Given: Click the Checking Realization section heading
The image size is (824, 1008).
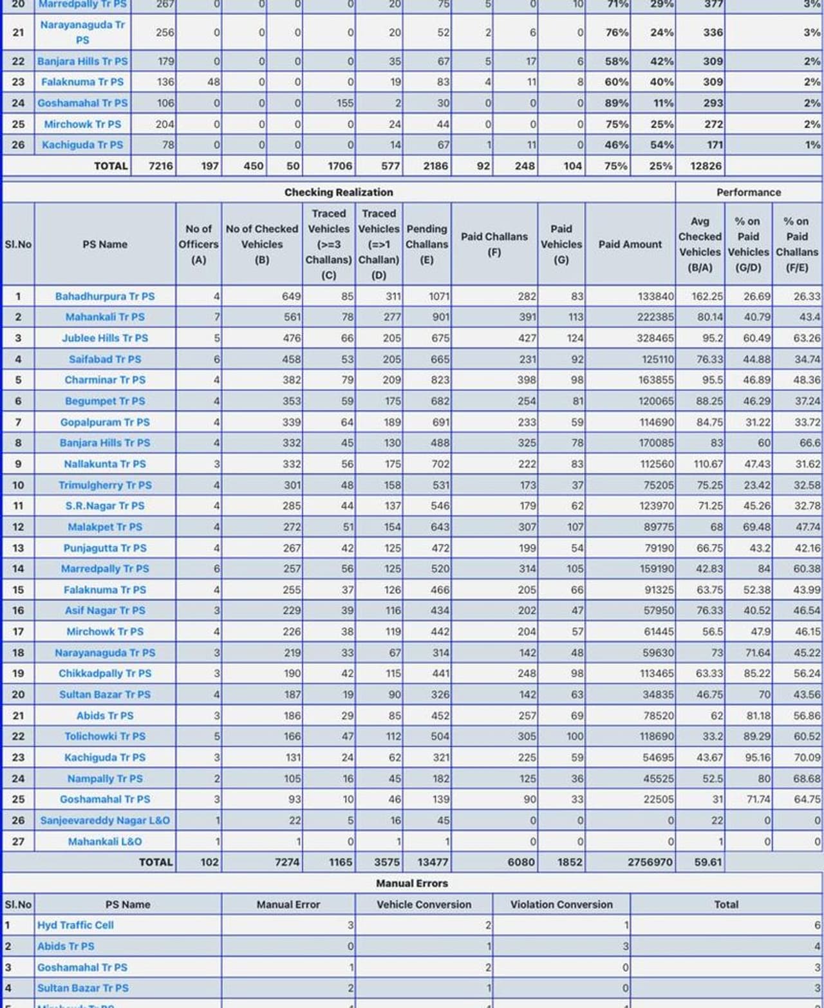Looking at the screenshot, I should [x=339, y=192].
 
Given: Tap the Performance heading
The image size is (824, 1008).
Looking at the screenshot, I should [x=749, y=192].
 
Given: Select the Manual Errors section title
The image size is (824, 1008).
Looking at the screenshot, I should [x=412, y=883].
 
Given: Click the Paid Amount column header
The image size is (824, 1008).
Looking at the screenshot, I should [x=630, y=245].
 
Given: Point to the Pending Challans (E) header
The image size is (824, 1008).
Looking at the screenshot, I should [x=427, y=245].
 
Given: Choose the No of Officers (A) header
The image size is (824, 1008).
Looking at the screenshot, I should [x=198, y=245].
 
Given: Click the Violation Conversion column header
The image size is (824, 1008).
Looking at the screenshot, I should [x=561, y=904].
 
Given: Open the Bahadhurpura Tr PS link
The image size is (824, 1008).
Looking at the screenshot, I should [x=105, y=297].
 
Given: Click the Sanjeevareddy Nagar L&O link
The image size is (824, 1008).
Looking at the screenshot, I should [x=105, y=820].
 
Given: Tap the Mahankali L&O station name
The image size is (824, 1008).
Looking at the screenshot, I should [x=105, y=841].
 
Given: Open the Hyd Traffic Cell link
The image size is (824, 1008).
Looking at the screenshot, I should [x=75, y=925].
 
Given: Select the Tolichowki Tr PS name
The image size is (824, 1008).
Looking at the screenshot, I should [x=105, y=736].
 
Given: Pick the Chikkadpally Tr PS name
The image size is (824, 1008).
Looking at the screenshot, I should [x=105, y=673].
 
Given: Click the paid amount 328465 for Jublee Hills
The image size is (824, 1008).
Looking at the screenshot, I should [x=655, y=339].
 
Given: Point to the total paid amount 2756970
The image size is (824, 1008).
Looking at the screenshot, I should [x=650, y=862].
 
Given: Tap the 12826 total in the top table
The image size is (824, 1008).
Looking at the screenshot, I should [x=706, y=166].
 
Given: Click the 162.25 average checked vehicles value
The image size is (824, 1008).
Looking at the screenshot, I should [x=707, y=297].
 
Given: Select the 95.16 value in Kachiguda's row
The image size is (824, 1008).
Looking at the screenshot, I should [x=757, y=758].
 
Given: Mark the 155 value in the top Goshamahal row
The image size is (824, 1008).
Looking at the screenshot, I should [x=344, y=103].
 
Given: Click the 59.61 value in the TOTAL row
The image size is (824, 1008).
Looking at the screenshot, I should [x=707, y=862].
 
